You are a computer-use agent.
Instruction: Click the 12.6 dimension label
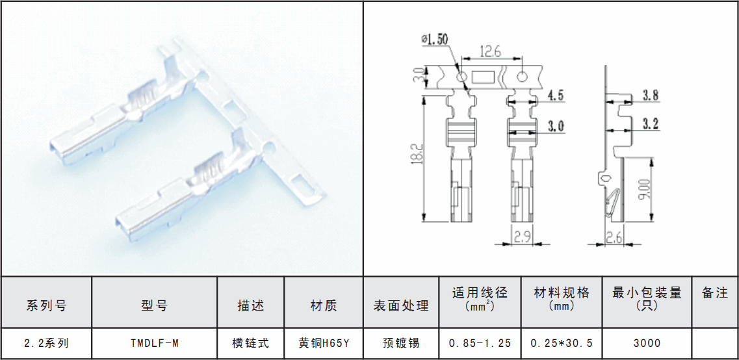490,51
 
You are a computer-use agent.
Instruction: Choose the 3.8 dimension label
651,96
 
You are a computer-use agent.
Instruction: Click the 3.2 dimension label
651,123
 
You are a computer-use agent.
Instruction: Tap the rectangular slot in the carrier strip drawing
484,77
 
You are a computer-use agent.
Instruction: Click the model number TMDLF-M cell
154,344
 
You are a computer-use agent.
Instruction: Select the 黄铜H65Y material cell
324,344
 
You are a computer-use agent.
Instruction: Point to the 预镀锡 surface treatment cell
401,344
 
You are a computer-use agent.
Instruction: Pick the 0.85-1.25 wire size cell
480,344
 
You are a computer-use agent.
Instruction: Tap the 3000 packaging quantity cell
647,344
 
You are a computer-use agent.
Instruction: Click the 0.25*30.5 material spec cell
562,344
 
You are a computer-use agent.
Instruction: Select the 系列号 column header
45,306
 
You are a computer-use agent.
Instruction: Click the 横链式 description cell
250,344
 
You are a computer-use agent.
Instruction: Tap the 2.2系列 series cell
45,344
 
